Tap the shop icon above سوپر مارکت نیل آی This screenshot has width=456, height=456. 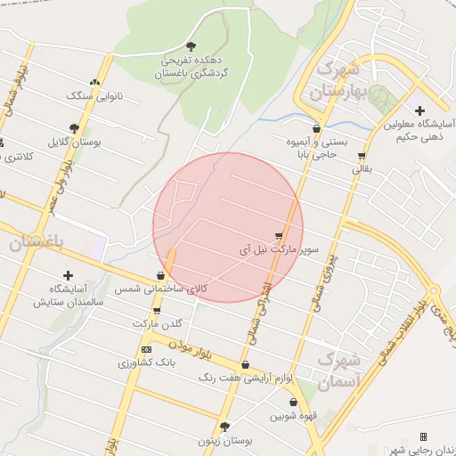tap(280, 237)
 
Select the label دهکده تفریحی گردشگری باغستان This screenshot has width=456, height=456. tap(191, 67)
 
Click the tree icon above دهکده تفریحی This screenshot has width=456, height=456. tap(191, 45)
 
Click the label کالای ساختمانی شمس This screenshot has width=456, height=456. tap(161, 289)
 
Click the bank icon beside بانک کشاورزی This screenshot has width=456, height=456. tap(146, 349)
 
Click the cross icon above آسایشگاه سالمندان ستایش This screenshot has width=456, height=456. tap(68, 275)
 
